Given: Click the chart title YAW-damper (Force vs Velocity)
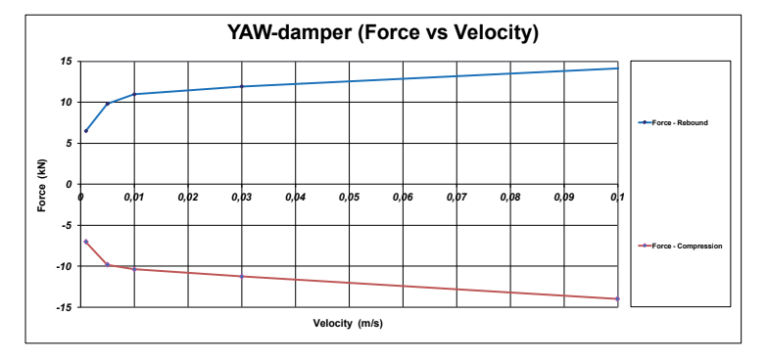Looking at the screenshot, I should tap(384, 33).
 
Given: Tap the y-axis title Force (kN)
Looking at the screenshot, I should tap(43, 184).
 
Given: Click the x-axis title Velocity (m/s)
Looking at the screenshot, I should tap(349, 323).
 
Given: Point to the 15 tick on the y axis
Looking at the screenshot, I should tap(65, 61).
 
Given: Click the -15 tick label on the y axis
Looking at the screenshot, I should tap(63, 307).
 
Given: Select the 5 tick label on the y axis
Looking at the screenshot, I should tap(68, 143).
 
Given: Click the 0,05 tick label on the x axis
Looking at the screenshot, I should tap(349, 198).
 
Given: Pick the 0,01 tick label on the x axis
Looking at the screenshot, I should tap(134, 198).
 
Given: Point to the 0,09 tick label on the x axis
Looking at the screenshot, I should tap(564, 198).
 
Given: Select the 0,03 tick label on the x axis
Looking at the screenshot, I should tap(241, 198).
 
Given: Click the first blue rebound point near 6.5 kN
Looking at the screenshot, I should tap(86, 131).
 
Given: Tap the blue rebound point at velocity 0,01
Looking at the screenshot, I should tap(134, 94).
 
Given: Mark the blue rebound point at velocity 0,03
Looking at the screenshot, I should tap(241, 86).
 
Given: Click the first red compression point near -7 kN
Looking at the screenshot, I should tap(86, 242).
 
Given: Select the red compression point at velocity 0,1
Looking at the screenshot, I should tap(617, 299).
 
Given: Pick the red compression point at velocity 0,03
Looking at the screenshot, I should tap(241, 276).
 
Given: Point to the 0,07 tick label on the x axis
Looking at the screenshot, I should tap(456, 198).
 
